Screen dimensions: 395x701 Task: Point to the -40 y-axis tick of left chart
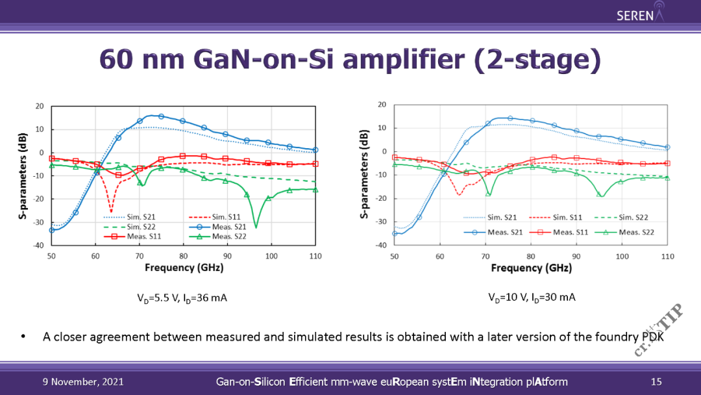tap(39, 246)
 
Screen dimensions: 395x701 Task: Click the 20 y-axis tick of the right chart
tap(382, 105)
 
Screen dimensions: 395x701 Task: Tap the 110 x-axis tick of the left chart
tap(315, 256)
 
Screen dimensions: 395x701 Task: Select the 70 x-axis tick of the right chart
tap(486, 256)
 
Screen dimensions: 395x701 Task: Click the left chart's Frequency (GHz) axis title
tap(183, 267)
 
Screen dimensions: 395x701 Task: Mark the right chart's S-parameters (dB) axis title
tap(365, 174)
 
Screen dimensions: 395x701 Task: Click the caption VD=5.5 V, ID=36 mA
tap(182, 298)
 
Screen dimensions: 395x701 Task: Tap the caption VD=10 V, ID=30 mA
tap(532, 297)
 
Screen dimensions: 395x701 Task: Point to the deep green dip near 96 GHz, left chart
tap(256, 226)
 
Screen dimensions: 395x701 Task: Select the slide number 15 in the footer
tap(656, 381)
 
